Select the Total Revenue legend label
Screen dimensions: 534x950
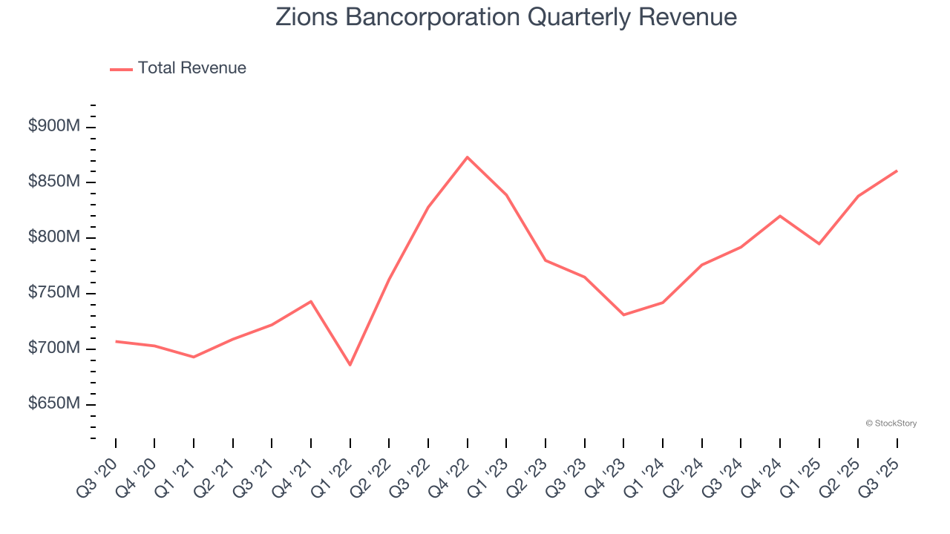click(191, 68)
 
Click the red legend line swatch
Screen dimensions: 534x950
click(121, 69)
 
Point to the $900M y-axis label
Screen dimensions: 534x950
click(53, 127)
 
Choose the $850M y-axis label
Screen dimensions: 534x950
click(53, 182)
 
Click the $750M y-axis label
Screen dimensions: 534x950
click(53, 294)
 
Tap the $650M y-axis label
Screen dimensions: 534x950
click(53, 404)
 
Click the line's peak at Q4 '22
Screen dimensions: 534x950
click(467, 157)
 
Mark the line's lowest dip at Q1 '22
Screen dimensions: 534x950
click(350, 365)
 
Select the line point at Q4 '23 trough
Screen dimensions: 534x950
click(623, 315)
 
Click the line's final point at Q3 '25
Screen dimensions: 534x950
click(897, 171)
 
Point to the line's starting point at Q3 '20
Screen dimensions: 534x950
click(116, 341)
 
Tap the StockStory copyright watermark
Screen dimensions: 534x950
click(891, 423)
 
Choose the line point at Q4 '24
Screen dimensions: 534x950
click(780, 216)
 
